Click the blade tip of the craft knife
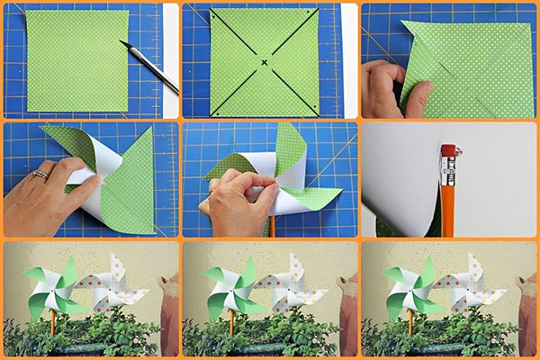(x=122, y=42)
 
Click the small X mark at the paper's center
(x=265, y=62)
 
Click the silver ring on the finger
(x=40, y=175)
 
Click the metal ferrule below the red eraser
(x=447, y=165)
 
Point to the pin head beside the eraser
(x=459, y=148)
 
